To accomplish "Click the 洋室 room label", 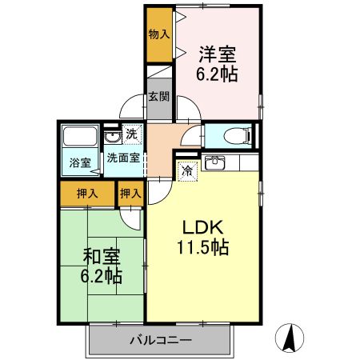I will click(x=218, y=55).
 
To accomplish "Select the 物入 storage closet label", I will click(x=159, y=35).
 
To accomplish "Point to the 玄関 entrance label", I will click(x=158, y=98).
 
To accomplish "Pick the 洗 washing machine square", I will click(x=131, y=135).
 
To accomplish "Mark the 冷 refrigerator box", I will click(x=186, y=170).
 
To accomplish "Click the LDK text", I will click(x=204, y=227).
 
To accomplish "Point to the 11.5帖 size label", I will click(x=204, y=247).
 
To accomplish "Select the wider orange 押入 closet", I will click(x=87, y=193).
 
